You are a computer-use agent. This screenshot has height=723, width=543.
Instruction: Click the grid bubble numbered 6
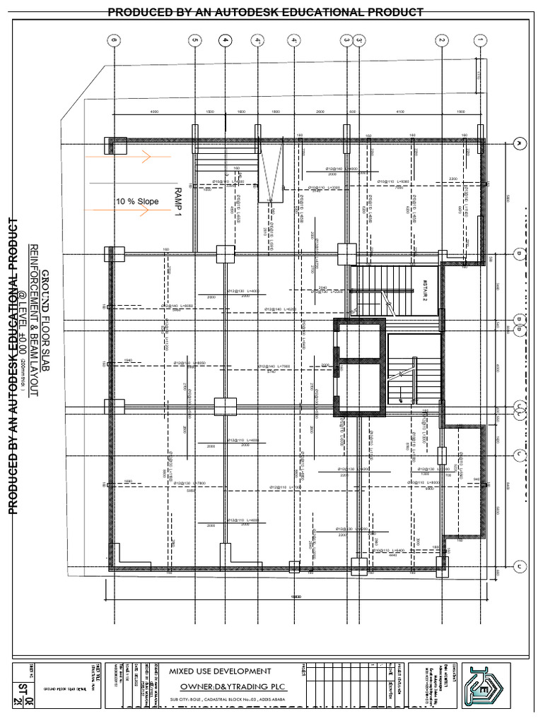point(113,41)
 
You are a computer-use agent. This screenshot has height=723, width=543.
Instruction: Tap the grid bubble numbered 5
point(194,41)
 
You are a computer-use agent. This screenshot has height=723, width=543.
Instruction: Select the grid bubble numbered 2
point(442,41)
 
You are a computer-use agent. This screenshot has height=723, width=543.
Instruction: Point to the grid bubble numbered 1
point(480,41)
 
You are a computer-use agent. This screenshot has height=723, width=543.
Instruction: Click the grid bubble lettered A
point(520,143)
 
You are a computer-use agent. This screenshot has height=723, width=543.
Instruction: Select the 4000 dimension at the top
point(154,112)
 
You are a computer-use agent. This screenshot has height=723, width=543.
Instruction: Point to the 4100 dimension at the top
point(399,112)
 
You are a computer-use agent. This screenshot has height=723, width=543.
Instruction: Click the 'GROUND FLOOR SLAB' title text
point(45,321)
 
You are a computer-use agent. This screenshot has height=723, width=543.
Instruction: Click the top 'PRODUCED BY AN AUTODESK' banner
point(265,12)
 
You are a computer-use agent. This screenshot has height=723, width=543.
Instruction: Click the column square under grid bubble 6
point(113,145)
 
